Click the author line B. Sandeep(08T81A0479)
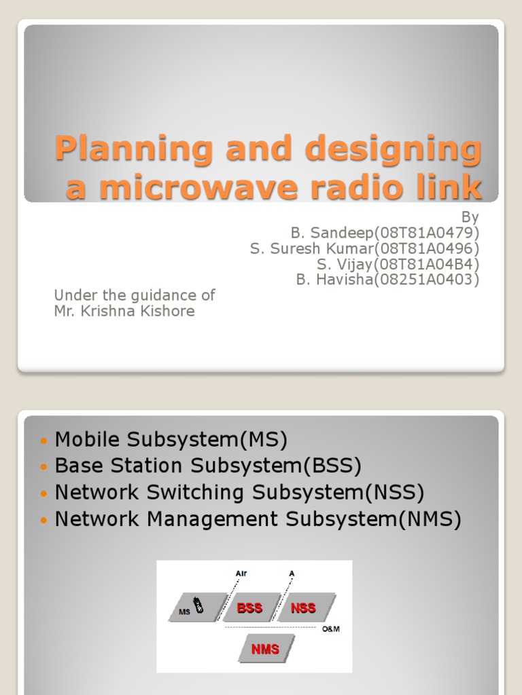385,233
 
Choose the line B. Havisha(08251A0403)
387,280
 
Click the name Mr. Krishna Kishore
124,312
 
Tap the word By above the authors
470,217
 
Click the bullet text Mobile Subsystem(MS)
171,440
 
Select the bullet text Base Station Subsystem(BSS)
208,466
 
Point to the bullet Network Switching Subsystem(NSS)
239,492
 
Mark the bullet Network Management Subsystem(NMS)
258,519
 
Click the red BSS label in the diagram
249,608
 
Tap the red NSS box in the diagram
303,608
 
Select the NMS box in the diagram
265,649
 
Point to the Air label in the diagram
241,574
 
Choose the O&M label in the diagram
331,629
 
